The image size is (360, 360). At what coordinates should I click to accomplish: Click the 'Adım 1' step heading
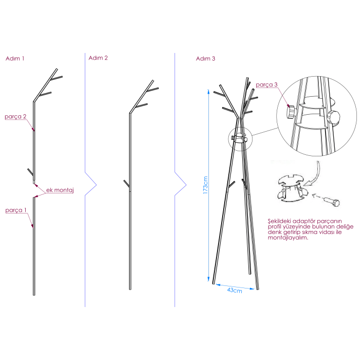coord(15,59)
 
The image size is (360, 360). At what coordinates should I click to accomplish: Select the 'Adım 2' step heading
coord(98,58)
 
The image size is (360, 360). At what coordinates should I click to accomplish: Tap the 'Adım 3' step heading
coord(206,59)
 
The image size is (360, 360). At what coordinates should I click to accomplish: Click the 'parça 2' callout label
coord(15,117)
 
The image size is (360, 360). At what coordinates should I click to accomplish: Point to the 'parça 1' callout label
coord(16,210)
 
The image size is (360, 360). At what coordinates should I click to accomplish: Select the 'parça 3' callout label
coord(266,85)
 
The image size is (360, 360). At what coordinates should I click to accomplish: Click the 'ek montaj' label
coord(60,190)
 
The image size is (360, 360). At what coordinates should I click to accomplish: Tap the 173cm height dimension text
coord(205,185)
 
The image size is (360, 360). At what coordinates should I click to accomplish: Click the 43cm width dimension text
coord(235,291)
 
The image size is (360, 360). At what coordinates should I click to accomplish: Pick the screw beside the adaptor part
coord(332,202)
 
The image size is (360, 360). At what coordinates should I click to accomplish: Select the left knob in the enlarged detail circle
coord(291,112)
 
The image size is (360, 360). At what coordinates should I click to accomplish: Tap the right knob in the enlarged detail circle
coord(334,117)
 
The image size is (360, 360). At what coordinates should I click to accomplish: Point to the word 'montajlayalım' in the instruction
coord(287,238)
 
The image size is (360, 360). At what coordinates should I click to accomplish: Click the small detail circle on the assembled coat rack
coord(240,139)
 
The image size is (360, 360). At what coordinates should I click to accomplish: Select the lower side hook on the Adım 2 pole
coord(127,184)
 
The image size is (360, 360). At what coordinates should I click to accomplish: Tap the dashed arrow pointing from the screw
coord(318,197)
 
